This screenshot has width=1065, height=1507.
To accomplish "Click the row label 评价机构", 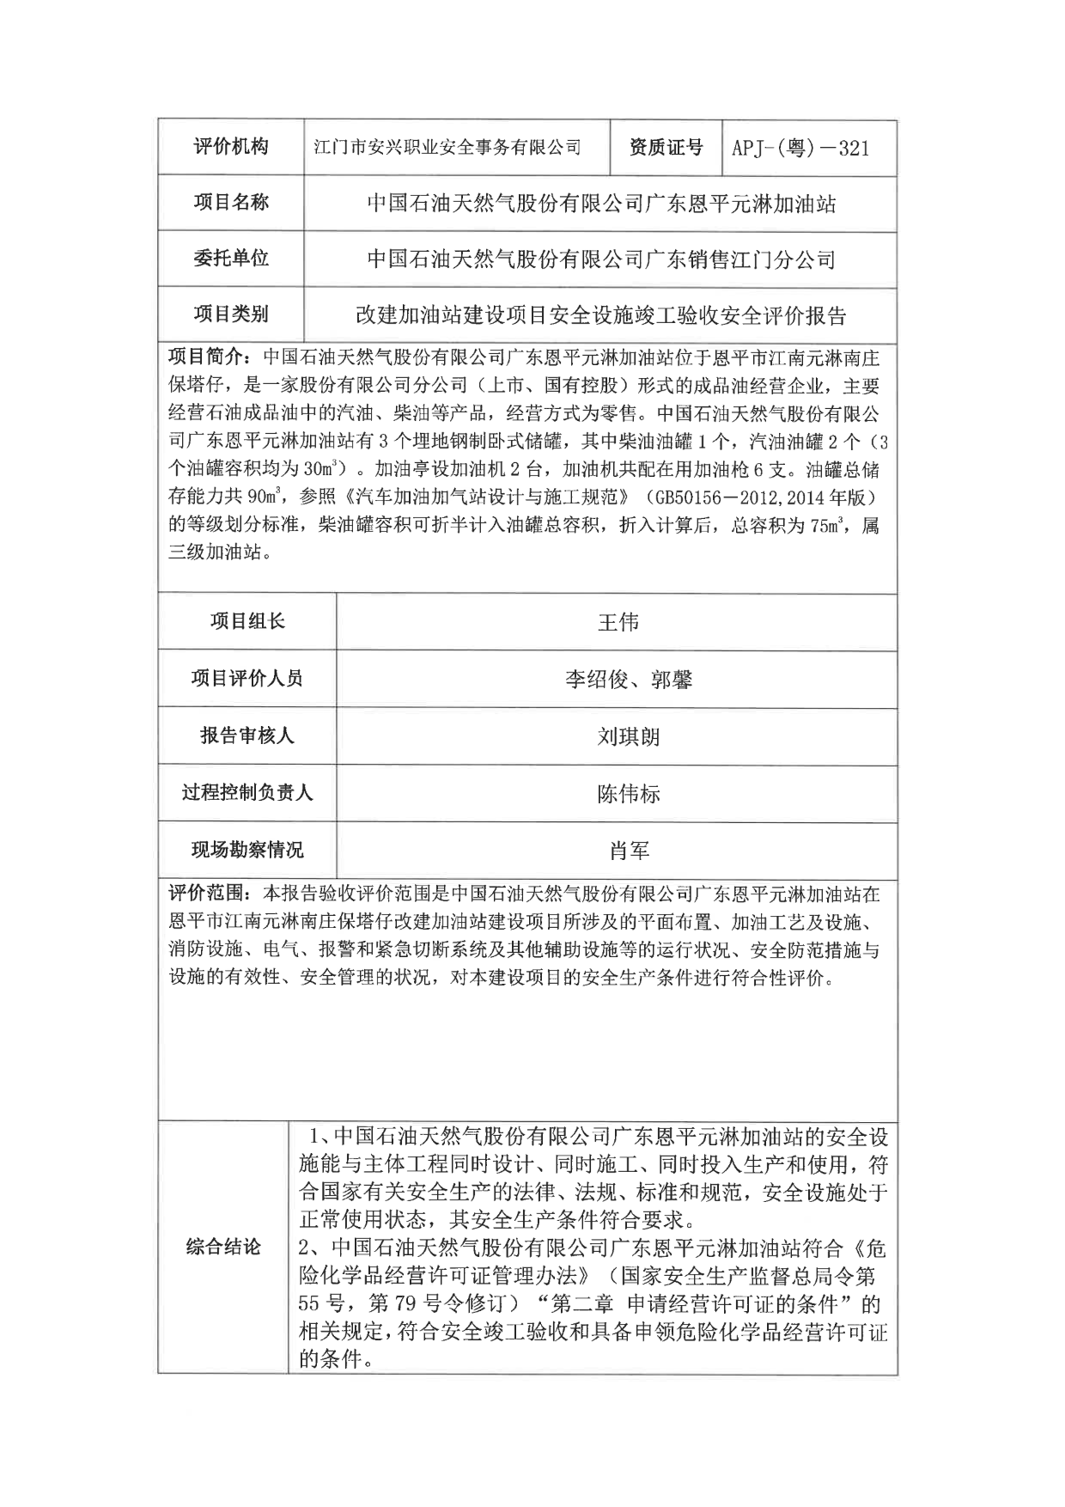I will point(230,147).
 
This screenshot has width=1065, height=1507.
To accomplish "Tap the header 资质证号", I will point(666,148).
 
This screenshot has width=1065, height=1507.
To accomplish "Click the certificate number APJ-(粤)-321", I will point(800,149).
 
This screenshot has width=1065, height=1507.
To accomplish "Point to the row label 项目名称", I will point(230,203).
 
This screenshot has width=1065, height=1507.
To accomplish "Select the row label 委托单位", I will point(230,258).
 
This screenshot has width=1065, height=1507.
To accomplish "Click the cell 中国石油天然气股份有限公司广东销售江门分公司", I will point(601,259).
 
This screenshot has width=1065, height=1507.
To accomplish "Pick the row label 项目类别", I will point(230,314).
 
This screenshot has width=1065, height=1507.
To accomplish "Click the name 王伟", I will point(618,622).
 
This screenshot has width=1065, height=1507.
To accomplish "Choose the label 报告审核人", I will point(247,735).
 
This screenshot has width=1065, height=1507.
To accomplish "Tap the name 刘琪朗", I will point(628,736).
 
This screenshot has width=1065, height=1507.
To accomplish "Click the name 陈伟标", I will point(628,793).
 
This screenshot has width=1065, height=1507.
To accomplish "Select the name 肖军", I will point(629,851).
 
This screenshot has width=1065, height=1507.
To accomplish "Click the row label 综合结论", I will point(223,1248).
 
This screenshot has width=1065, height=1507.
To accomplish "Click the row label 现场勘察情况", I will point(247,850).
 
